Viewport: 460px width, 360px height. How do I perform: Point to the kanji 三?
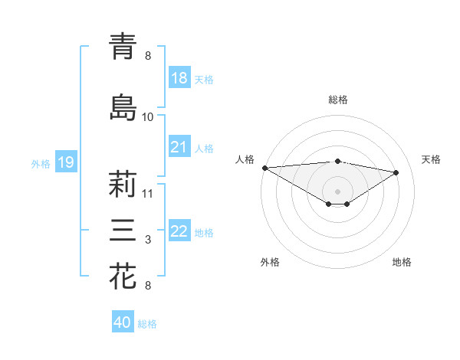tap(123, 231)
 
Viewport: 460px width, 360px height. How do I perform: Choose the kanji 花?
tap(123, 277)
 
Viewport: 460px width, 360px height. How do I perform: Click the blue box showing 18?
tap(179, 78)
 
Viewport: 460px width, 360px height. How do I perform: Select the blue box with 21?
tap(179, 147)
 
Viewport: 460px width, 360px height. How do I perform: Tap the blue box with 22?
tap(179, 231)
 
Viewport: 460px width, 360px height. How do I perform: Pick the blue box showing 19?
tap(65, 162)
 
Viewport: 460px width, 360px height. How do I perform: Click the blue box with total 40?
tap(123, 322)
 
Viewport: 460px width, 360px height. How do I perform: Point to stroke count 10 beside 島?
tap(148, 117)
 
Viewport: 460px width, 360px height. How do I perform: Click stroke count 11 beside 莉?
tap(148, 193)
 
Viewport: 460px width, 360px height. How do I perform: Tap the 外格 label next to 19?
tap(41, 162)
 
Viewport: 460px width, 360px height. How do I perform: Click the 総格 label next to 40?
tap(147, 323)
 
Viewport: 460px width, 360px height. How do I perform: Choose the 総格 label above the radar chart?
tap(337, 100)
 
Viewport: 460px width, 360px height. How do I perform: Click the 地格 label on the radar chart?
tap(402, 262)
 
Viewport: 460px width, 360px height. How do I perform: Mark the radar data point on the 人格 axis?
tap(264, 168)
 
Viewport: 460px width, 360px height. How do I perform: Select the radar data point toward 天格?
tap(396, 172)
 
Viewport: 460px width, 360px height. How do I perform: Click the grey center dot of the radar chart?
tap(337, 190)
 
